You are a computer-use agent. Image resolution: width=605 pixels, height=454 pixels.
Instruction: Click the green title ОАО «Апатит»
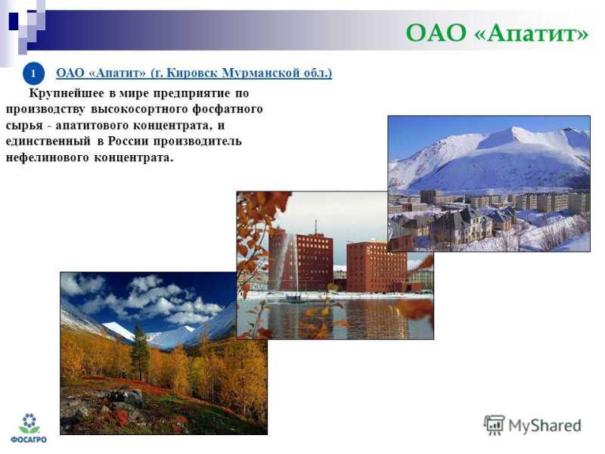point(497,33)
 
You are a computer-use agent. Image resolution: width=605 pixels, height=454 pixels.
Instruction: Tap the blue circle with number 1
point(33,73)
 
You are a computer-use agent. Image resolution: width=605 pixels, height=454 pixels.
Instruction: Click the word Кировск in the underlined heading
point(192,73)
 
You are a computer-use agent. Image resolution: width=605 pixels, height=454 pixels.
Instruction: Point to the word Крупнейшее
point(67,93)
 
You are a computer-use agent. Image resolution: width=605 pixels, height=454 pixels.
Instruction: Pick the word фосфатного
point(228,109)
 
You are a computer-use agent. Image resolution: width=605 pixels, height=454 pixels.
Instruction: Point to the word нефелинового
point(47,157)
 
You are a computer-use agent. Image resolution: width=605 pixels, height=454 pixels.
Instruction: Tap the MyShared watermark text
point(544,425)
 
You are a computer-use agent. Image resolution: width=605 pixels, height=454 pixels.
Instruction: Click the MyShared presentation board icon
point(494,424)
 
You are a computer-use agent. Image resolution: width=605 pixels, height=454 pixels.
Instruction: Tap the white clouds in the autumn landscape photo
point(154,298)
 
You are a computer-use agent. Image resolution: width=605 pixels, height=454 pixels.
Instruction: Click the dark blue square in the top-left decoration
point(14,21)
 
